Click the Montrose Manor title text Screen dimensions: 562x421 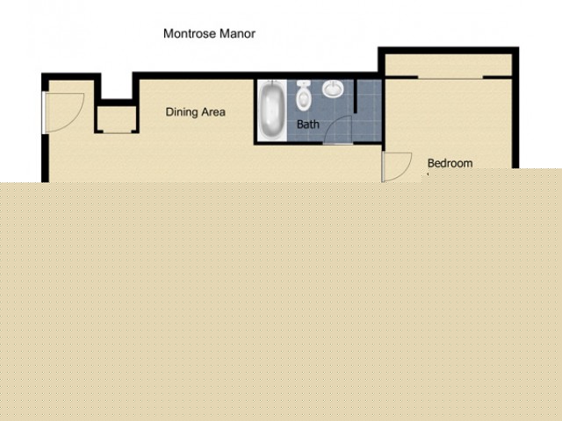[x=209, y=33]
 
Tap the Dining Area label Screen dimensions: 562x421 [x=195, y=112]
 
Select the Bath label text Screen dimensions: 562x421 [x=308, y=125]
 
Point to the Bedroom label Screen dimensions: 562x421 [x=450, y=163]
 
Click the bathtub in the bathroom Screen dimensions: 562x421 [x=272, y=110]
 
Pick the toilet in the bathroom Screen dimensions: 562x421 [x=303, y=95]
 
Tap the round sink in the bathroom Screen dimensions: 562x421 [x=333, y=88]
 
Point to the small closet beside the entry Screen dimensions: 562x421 [x=117, y=118]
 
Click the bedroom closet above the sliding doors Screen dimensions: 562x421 [x=448, y=65]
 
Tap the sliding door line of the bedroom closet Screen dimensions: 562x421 [x=450, y=78]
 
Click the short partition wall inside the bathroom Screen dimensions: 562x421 [x=356, y=96]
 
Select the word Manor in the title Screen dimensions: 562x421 [x=237, y=33]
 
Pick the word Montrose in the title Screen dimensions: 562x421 [x=190, y=33]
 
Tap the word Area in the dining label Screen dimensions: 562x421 [x=213, y=112]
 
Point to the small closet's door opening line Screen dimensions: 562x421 [x=117, y=132]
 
